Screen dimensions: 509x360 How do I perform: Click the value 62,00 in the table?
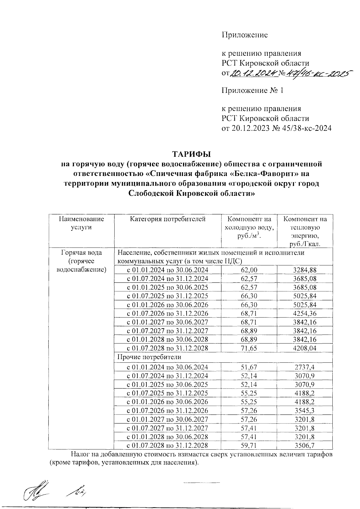click(249, 270)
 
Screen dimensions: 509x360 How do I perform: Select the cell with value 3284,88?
click(305, 270)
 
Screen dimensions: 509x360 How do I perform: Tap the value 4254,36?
click(305, 314)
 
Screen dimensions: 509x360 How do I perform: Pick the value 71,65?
click(249, 348)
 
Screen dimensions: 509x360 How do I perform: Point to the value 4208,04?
click(305, 348)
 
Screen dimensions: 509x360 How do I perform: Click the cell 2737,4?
click(305, 367)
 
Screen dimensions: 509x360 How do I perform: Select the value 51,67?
click(249, 367)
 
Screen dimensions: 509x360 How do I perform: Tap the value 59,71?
click(249, 445)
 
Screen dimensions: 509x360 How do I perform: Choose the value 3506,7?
click(305, 445)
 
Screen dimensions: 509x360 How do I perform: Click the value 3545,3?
click(305, 411)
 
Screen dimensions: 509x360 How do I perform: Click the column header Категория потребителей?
click(168, 219)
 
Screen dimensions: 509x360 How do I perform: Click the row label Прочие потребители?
click(149, 357)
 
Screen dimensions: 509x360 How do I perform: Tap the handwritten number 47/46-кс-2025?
click(318, 73)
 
